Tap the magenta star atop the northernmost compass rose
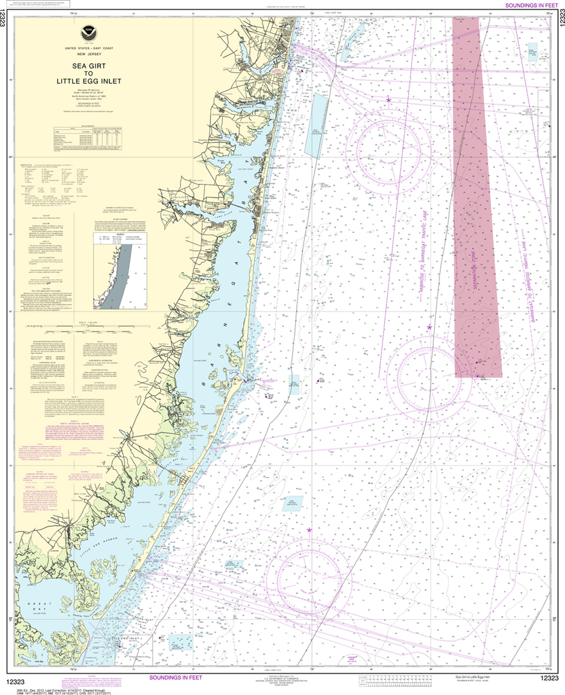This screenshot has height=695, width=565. point(388,100)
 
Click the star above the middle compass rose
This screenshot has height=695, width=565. point(429,327)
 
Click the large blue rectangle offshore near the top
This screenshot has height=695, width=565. point(314,126)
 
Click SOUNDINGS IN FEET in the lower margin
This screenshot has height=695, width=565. point(175,677)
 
